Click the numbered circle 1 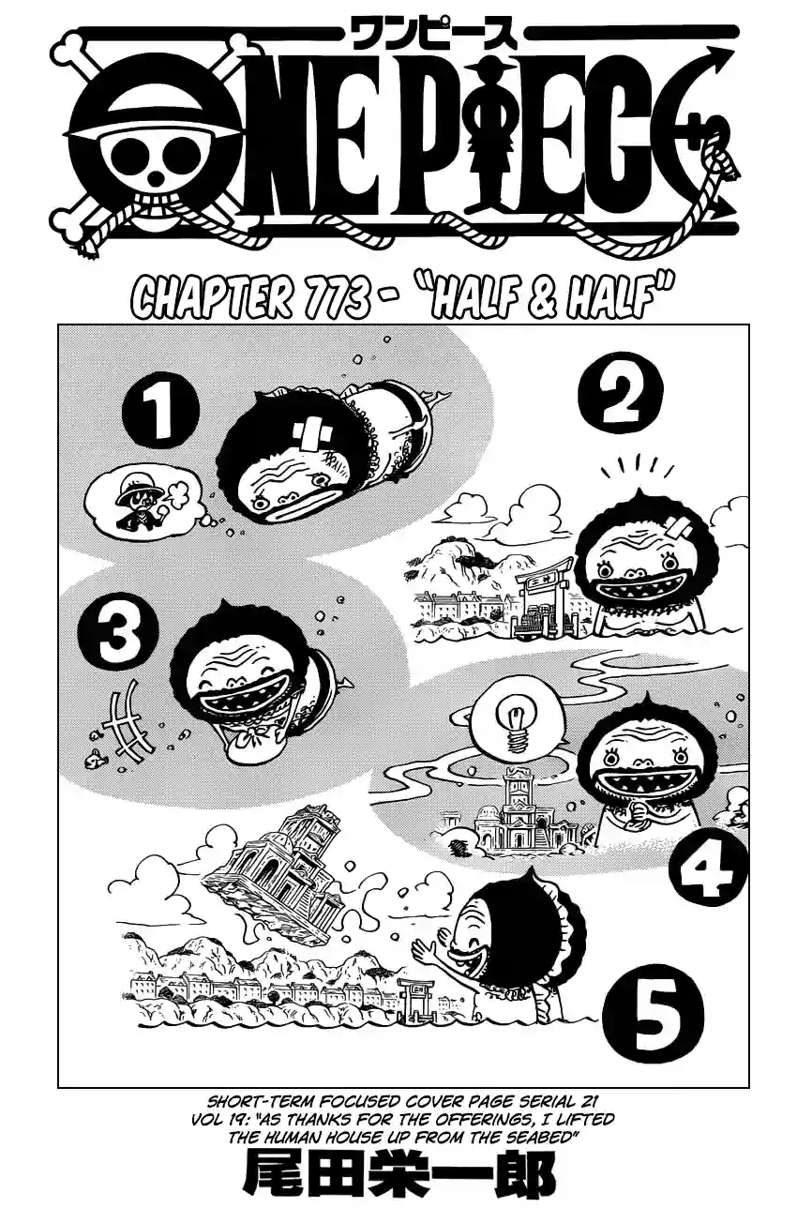click(160, 413)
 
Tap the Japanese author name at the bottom click(399, 1178)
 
